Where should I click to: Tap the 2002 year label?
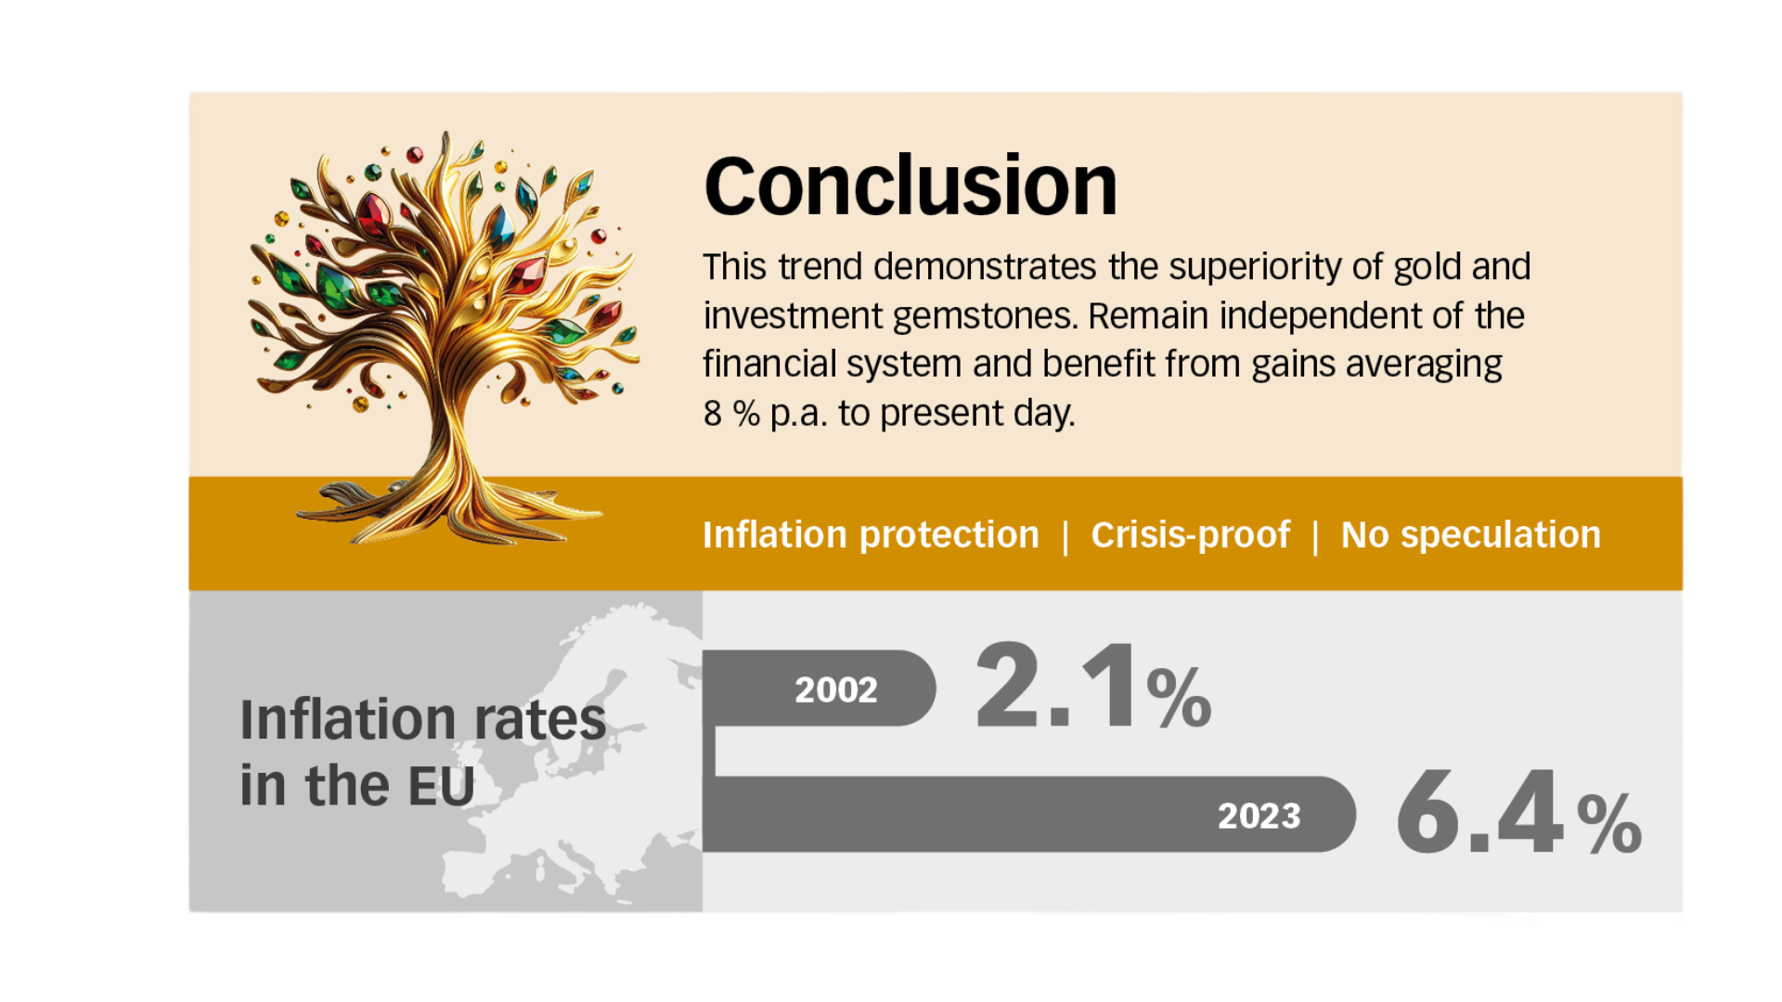coord(836,689)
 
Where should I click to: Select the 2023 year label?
coord(1259,816)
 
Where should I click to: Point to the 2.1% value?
coord(1093,687)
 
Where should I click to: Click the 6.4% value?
coord(1519,813)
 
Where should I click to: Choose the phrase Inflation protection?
coord(871,535)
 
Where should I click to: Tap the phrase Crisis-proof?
coord(1191,535)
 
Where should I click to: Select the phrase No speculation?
coord(1471,535)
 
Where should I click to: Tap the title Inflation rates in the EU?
coord(423,752)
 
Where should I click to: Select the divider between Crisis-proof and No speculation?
coord(1315,537)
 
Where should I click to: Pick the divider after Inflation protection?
coord(1065,537)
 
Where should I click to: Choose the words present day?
coord(977,414)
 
